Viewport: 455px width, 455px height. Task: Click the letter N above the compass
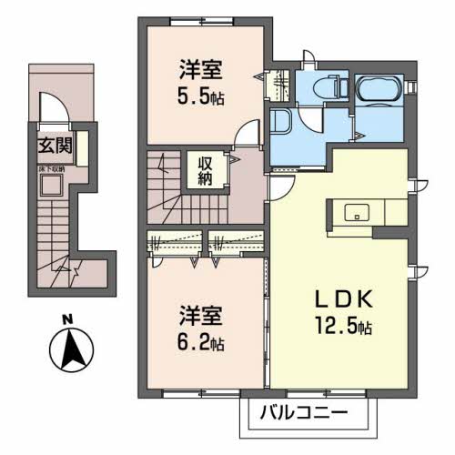click(x=66, y=318)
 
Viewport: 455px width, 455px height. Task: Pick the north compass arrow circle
click(x=69, y=349)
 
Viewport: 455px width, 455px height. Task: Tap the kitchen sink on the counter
click(x=357, y=213)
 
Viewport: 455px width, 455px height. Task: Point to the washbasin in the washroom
click(x=278, y=125)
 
